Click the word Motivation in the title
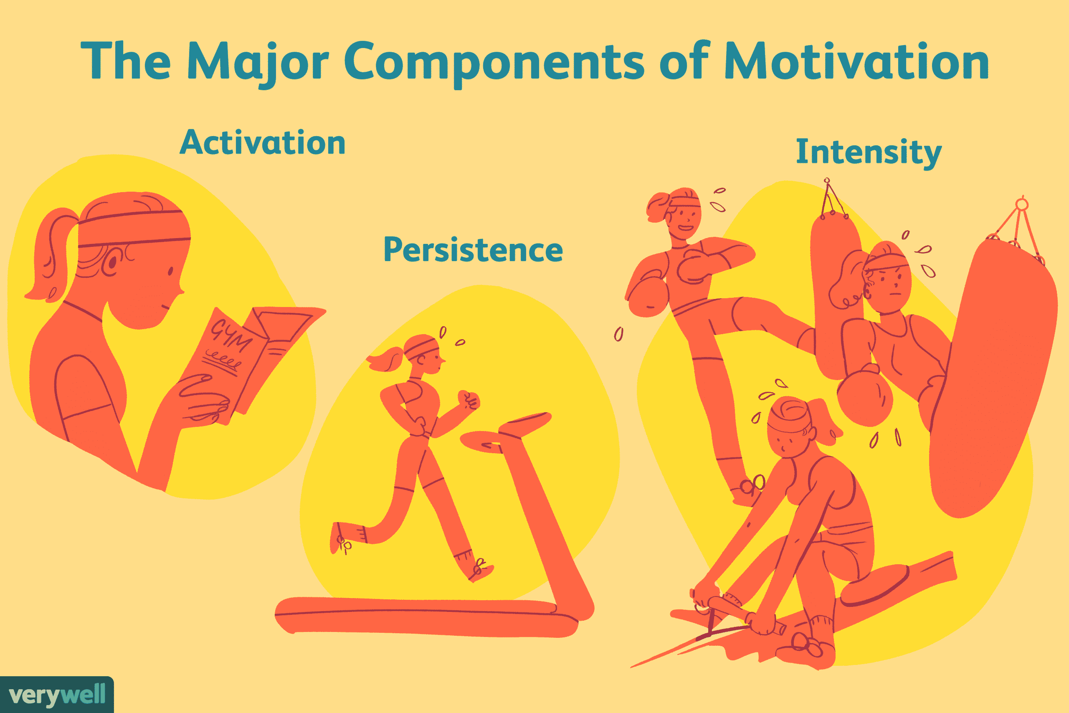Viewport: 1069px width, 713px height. tap(856, 61)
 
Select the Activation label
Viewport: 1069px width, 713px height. tap(263, 142)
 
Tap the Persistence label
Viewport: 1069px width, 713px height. tap(473, 249)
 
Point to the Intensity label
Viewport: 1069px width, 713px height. tap(869, 153)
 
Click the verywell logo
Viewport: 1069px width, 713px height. tap(57, 695)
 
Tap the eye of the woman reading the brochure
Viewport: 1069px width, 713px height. tap(170, 271)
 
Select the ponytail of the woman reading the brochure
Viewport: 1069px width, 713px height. tap(50, 255)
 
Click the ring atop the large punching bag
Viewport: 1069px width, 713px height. tap(1022, 204)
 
